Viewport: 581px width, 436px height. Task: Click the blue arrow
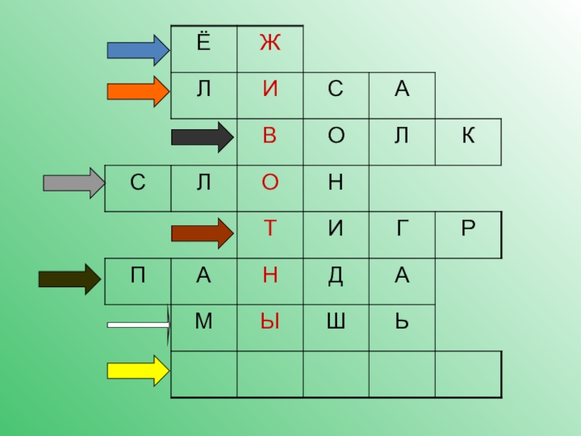[137, 49]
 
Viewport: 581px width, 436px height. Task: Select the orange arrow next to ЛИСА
[137, 92]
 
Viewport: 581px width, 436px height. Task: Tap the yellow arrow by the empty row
[137, 371]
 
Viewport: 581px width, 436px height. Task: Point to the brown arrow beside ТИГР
[200, 233]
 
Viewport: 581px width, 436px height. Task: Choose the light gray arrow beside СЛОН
[73, 182]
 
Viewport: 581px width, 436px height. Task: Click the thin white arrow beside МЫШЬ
[138, 325]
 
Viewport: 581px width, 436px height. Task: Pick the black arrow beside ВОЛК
[200, 137]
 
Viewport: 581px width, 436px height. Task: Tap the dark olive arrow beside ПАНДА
[68, 279]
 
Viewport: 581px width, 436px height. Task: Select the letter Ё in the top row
[203, 43]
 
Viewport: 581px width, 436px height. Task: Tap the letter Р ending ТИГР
[468, 229]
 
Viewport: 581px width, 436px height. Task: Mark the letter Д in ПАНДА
[336, 275]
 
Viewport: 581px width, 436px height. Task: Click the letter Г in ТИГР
[401, 229]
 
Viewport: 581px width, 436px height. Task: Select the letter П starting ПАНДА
[137, 275]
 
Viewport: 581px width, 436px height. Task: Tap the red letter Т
[270, 229]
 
